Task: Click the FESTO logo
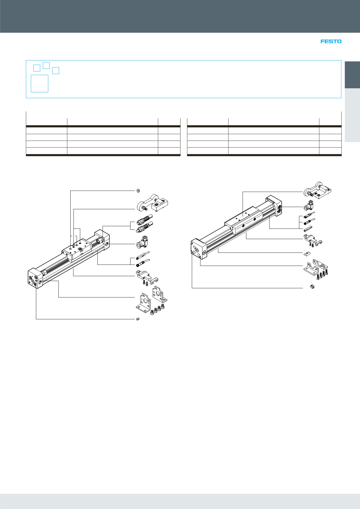pos(331,42)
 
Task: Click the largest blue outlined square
pos(40,84)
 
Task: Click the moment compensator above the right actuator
pos(317,191)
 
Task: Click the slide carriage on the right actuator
pos(244,220)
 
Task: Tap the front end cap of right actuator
pos(198,249)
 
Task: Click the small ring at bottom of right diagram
pos(312,286)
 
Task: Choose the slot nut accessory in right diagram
pos(307,253)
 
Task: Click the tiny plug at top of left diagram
pos(138,190)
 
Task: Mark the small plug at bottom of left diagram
pos(138,319)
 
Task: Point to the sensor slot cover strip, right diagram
pos(308,229)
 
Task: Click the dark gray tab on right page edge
pos(352,75)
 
